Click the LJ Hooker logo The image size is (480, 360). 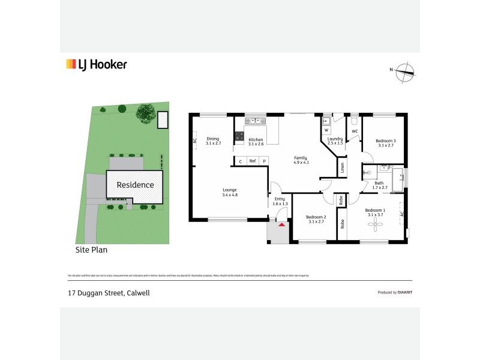pyautogui.click(x=96, y=65)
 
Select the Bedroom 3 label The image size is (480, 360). pyautogui.click(x=386, y=140)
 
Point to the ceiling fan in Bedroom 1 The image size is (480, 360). pyautogui.click(x=377, y=224)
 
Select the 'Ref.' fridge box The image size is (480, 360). pyautogui.click(x=253, y=161)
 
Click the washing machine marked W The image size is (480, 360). pyautogui.click(x=326, y=129)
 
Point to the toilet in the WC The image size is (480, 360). pyautogui.click(x=355, y=119)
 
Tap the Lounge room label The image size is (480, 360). pyautogui.click(x=230, y=190)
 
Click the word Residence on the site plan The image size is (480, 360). pyautogui.click(x=135, y=185)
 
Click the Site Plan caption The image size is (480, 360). pyautogui.click(x=91, y=248)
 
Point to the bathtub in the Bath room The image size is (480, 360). pyautogui.click(x=397, y=178)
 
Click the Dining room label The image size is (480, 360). pyautogui.click(x=213, y=139)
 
